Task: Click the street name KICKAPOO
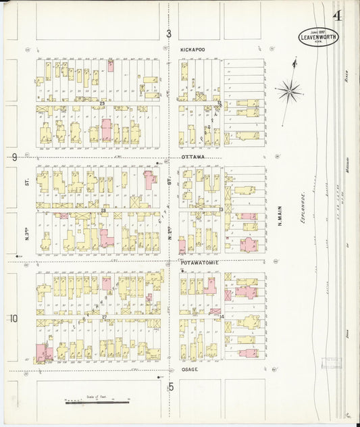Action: (x=193, y=50)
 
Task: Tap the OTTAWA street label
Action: (x=192, y=157)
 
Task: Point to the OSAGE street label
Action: (x=190, y=370)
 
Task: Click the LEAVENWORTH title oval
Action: (x=319, y=36)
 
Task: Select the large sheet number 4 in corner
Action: (x=336, y=14)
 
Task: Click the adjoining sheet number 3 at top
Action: (x=169, y=33)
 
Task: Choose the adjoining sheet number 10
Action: (x=14, y=318)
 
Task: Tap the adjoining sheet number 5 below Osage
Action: (x=171, y=386)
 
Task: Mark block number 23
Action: (x=102, y=103)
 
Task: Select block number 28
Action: (x=103, y=211)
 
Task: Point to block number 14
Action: (x=221, y=316)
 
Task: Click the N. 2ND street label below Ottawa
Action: (x=170, y=236)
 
